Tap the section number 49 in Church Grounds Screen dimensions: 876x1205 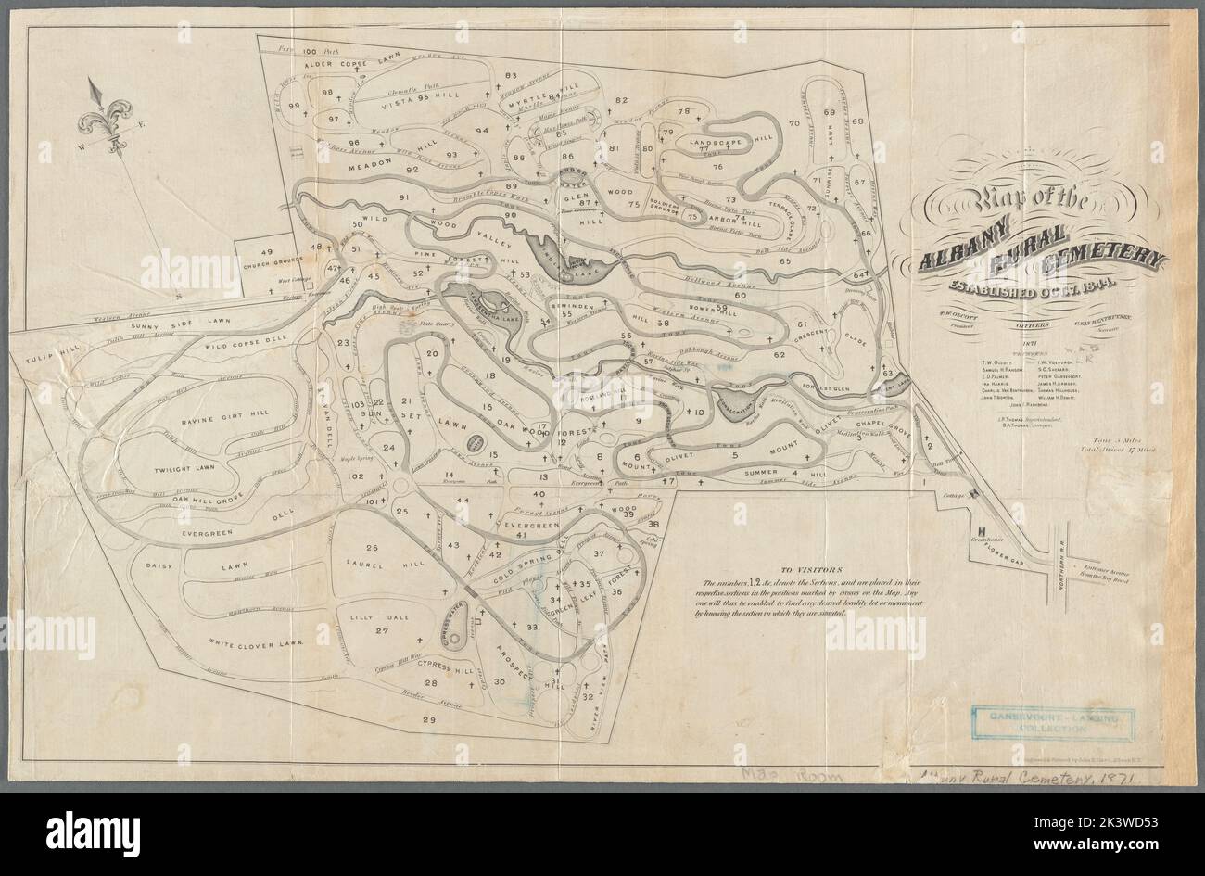point(266,252)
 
